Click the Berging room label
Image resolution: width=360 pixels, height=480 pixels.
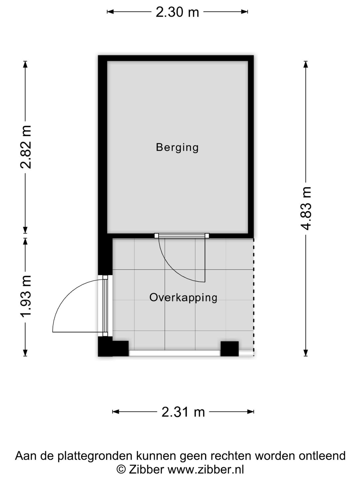point(177,147)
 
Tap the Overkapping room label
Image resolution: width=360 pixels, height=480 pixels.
point(183,298)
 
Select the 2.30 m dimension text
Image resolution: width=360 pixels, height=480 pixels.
point(177,12)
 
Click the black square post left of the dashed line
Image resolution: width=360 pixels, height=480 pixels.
point(230,349)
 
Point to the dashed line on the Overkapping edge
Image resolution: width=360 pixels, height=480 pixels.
point(254,297)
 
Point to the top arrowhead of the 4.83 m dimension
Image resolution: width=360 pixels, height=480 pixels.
point(306,65)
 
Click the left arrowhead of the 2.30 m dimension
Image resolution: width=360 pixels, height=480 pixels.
point(110,12)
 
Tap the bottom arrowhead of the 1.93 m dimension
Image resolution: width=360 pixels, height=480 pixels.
point(25,353)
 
